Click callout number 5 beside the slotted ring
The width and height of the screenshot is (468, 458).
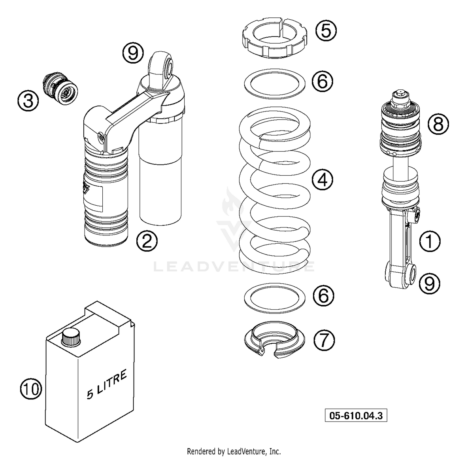(x=326, y=31)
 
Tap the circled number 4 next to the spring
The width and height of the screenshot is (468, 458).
(x=323, y=180)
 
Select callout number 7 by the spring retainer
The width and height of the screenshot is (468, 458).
(x=324, y=340)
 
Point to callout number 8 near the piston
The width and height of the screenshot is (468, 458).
(x=438, y=124)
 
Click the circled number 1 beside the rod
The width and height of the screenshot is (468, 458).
(x=429, y=241)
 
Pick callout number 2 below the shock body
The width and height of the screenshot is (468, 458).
(x=147, y=241)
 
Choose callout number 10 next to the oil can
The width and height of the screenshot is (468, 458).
(x=31, y=389)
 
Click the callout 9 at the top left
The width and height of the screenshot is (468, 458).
(x=133, y=53)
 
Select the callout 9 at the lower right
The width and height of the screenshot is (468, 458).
(x=429, y=283)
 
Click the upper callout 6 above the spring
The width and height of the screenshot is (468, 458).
(x=323, y=81)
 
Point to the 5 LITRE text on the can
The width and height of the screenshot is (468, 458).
(x=107, y=384)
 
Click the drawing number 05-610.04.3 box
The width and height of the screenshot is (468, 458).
(x=356, y=416)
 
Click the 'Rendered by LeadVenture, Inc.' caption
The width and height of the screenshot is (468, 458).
(x=234, y=451)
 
